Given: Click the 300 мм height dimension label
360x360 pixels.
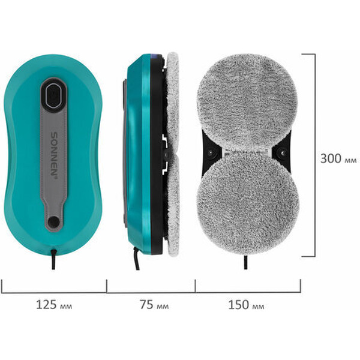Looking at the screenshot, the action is tap(338, 158).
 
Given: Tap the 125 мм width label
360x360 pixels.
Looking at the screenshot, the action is tap(54, 305).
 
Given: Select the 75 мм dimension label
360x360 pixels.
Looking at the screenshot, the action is tap(154, 305).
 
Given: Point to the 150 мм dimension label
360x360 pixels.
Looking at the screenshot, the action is tap(246, 305).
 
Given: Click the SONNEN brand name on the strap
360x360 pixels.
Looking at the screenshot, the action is tap(54, 155).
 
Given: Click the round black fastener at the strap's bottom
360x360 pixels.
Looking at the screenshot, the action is tap(54, 221).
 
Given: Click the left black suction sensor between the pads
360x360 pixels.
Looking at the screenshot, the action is tap(211, 152).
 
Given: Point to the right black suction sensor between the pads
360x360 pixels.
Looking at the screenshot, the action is tap(283, 152).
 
